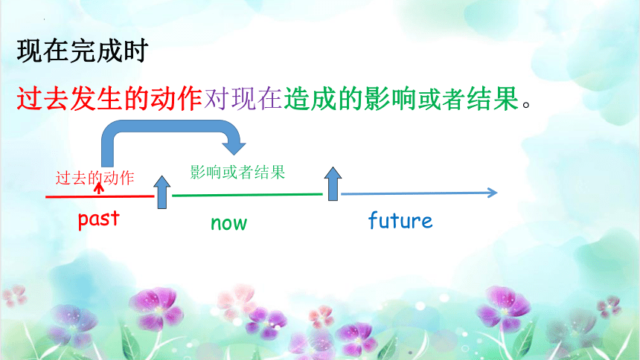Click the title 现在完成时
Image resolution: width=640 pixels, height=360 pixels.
pos(82,51)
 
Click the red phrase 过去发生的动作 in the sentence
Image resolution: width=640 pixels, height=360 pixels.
pos(109,99)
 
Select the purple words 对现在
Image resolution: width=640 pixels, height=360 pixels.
pos(243,99)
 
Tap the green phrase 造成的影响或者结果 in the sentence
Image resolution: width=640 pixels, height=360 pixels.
pos(401,99)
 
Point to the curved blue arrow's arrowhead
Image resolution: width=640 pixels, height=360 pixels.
pos(234,148)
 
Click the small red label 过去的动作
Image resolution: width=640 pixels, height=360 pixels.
pos(95,178)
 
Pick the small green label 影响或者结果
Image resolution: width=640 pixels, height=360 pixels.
pos(237,173)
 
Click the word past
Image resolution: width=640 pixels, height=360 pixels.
pos(99,219)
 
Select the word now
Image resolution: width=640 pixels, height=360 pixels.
pos(229,223)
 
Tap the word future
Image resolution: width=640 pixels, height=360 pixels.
pos(400,220)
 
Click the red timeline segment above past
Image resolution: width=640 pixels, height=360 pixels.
pos(100,196)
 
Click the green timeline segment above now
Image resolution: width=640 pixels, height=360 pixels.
pos(247,195)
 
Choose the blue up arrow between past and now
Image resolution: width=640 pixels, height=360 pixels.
pos(162,192)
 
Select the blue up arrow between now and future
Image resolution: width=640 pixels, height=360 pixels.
pos(333,184)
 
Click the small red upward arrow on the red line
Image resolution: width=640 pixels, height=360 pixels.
pos(99,188)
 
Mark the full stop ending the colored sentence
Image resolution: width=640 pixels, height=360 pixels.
pos(526,104)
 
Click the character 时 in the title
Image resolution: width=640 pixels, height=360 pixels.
pos(135,51)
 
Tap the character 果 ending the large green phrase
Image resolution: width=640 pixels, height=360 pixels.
pos(506,99)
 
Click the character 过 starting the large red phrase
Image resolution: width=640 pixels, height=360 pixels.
pos(29,99)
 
